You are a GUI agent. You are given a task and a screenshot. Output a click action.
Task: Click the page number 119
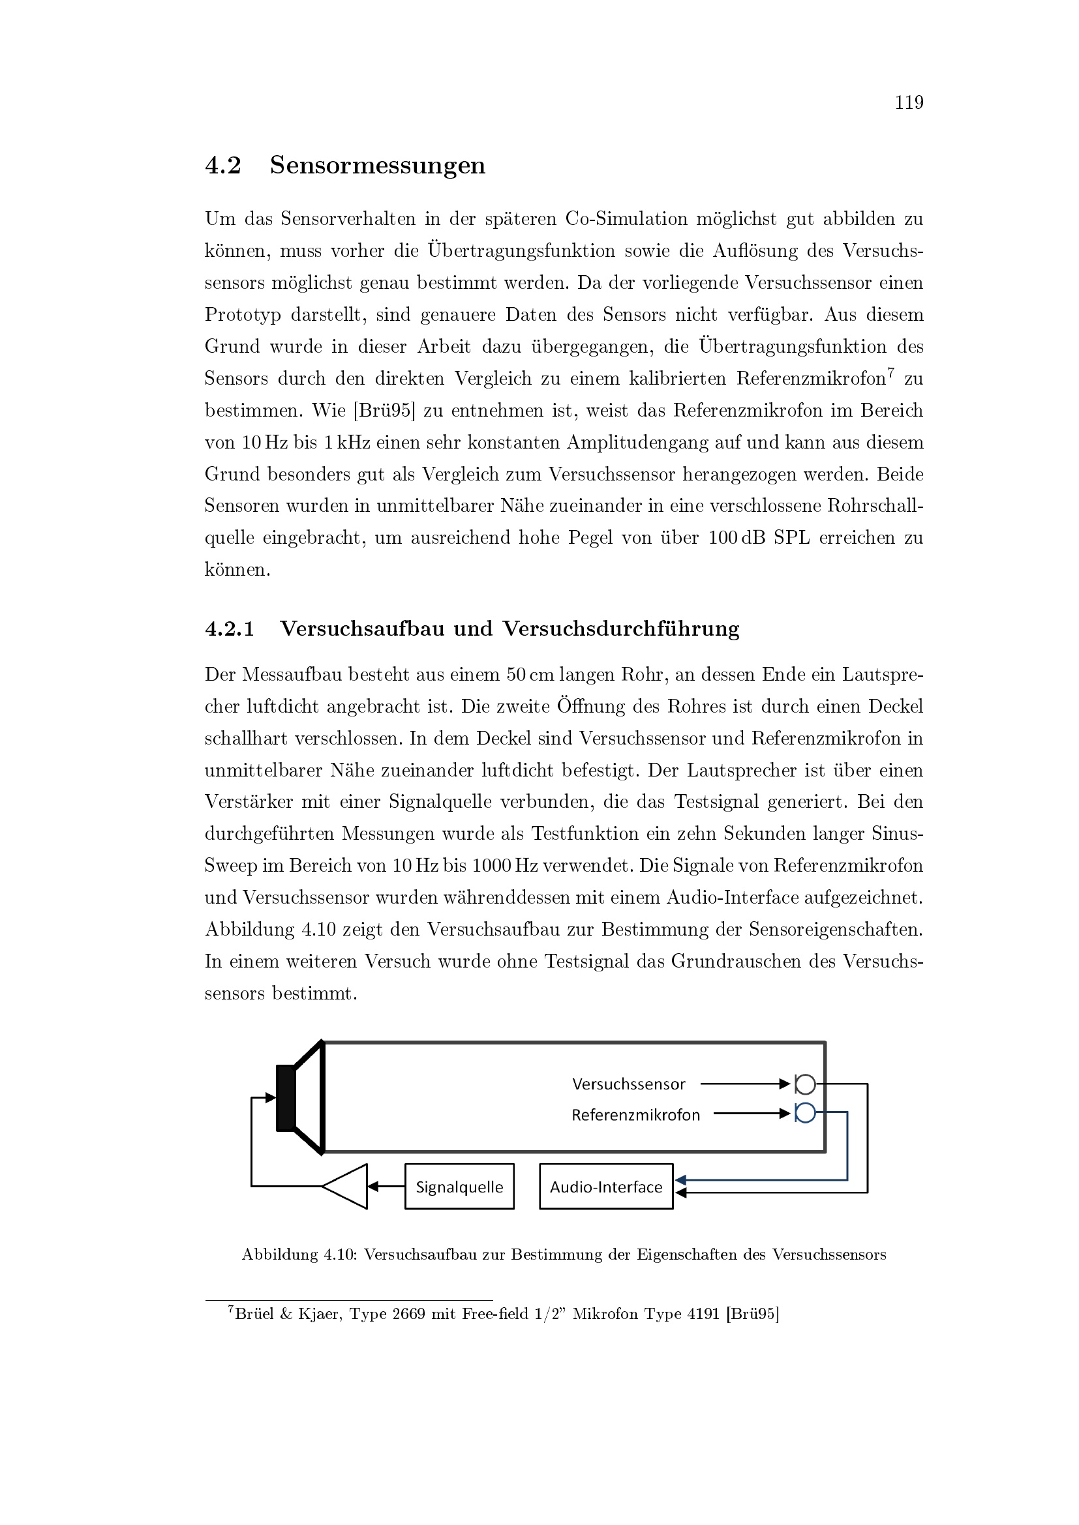click(908, 103)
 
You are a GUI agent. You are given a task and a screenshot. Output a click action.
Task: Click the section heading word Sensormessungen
click(377, 166)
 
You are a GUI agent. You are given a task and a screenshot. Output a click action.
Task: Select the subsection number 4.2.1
click(229, 629)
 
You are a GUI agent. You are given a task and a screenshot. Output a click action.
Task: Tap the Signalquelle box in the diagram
click(459, 1186)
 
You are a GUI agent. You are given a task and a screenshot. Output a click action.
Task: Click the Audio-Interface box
click(606, 1186)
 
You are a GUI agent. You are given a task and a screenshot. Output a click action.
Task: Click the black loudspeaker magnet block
click(286, 1097)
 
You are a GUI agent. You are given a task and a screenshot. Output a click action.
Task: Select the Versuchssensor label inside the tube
click(628, 1084)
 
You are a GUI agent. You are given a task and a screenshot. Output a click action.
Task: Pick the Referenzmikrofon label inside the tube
click(635, 1115)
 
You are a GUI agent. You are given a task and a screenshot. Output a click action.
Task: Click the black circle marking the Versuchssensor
click(805, 1085)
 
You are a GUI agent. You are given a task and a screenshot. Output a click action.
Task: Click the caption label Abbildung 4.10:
click(299, 1254)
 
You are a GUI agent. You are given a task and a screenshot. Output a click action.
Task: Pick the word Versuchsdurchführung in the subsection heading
click(620, 629)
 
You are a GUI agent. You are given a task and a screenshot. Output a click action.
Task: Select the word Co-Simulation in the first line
click(626, 219)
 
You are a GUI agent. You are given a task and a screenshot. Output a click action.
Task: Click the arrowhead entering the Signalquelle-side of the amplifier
click(372, 1186)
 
